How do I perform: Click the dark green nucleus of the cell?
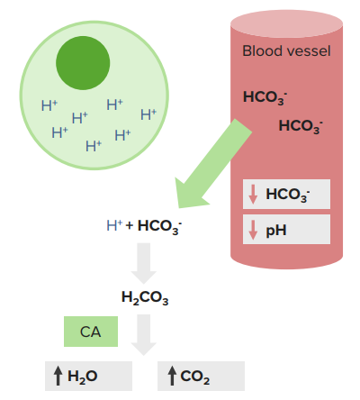pos(83,63)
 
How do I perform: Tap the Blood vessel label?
pos(286,50)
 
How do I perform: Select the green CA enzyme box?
pos(91,332)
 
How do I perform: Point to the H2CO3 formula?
pos(145,297)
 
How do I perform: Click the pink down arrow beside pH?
pos(253,230)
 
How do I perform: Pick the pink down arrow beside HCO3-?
pos(253,195)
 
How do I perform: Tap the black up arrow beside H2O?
pos(58,376)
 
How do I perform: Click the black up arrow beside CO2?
pos(172,376)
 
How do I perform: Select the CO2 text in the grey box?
pos(195,377)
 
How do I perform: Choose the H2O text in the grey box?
pos(83,377)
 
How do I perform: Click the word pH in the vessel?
pos(276,231)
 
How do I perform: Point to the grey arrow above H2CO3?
pos(144,263)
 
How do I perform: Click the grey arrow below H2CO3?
pos(144,335)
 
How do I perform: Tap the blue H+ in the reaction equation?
pos(114,225)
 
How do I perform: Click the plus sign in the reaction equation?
pos(130,225)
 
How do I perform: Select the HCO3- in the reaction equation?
pos(159,227)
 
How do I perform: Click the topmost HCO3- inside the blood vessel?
pos(265,98)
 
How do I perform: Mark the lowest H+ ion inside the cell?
pos(94,146)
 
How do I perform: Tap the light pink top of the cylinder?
pos(286,23)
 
